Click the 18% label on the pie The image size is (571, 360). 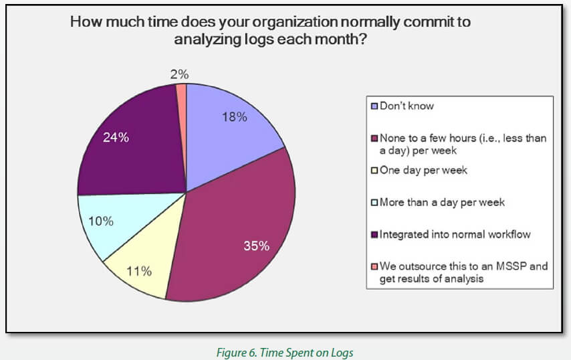[x=234, y=116]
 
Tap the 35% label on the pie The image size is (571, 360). [x=256, y=246]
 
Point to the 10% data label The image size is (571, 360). [x=100, y=221]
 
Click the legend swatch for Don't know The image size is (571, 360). [x=375, y=106]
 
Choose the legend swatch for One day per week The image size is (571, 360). [x=375, y=170]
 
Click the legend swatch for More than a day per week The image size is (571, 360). [x=375, y=202]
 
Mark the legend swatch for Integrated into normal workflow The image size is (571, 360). [x=375, y=234]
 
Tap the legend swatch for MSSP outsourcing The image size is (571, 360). [x=375, y=266]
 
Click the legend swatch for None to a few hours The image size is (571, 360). [x=375, y=139]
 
